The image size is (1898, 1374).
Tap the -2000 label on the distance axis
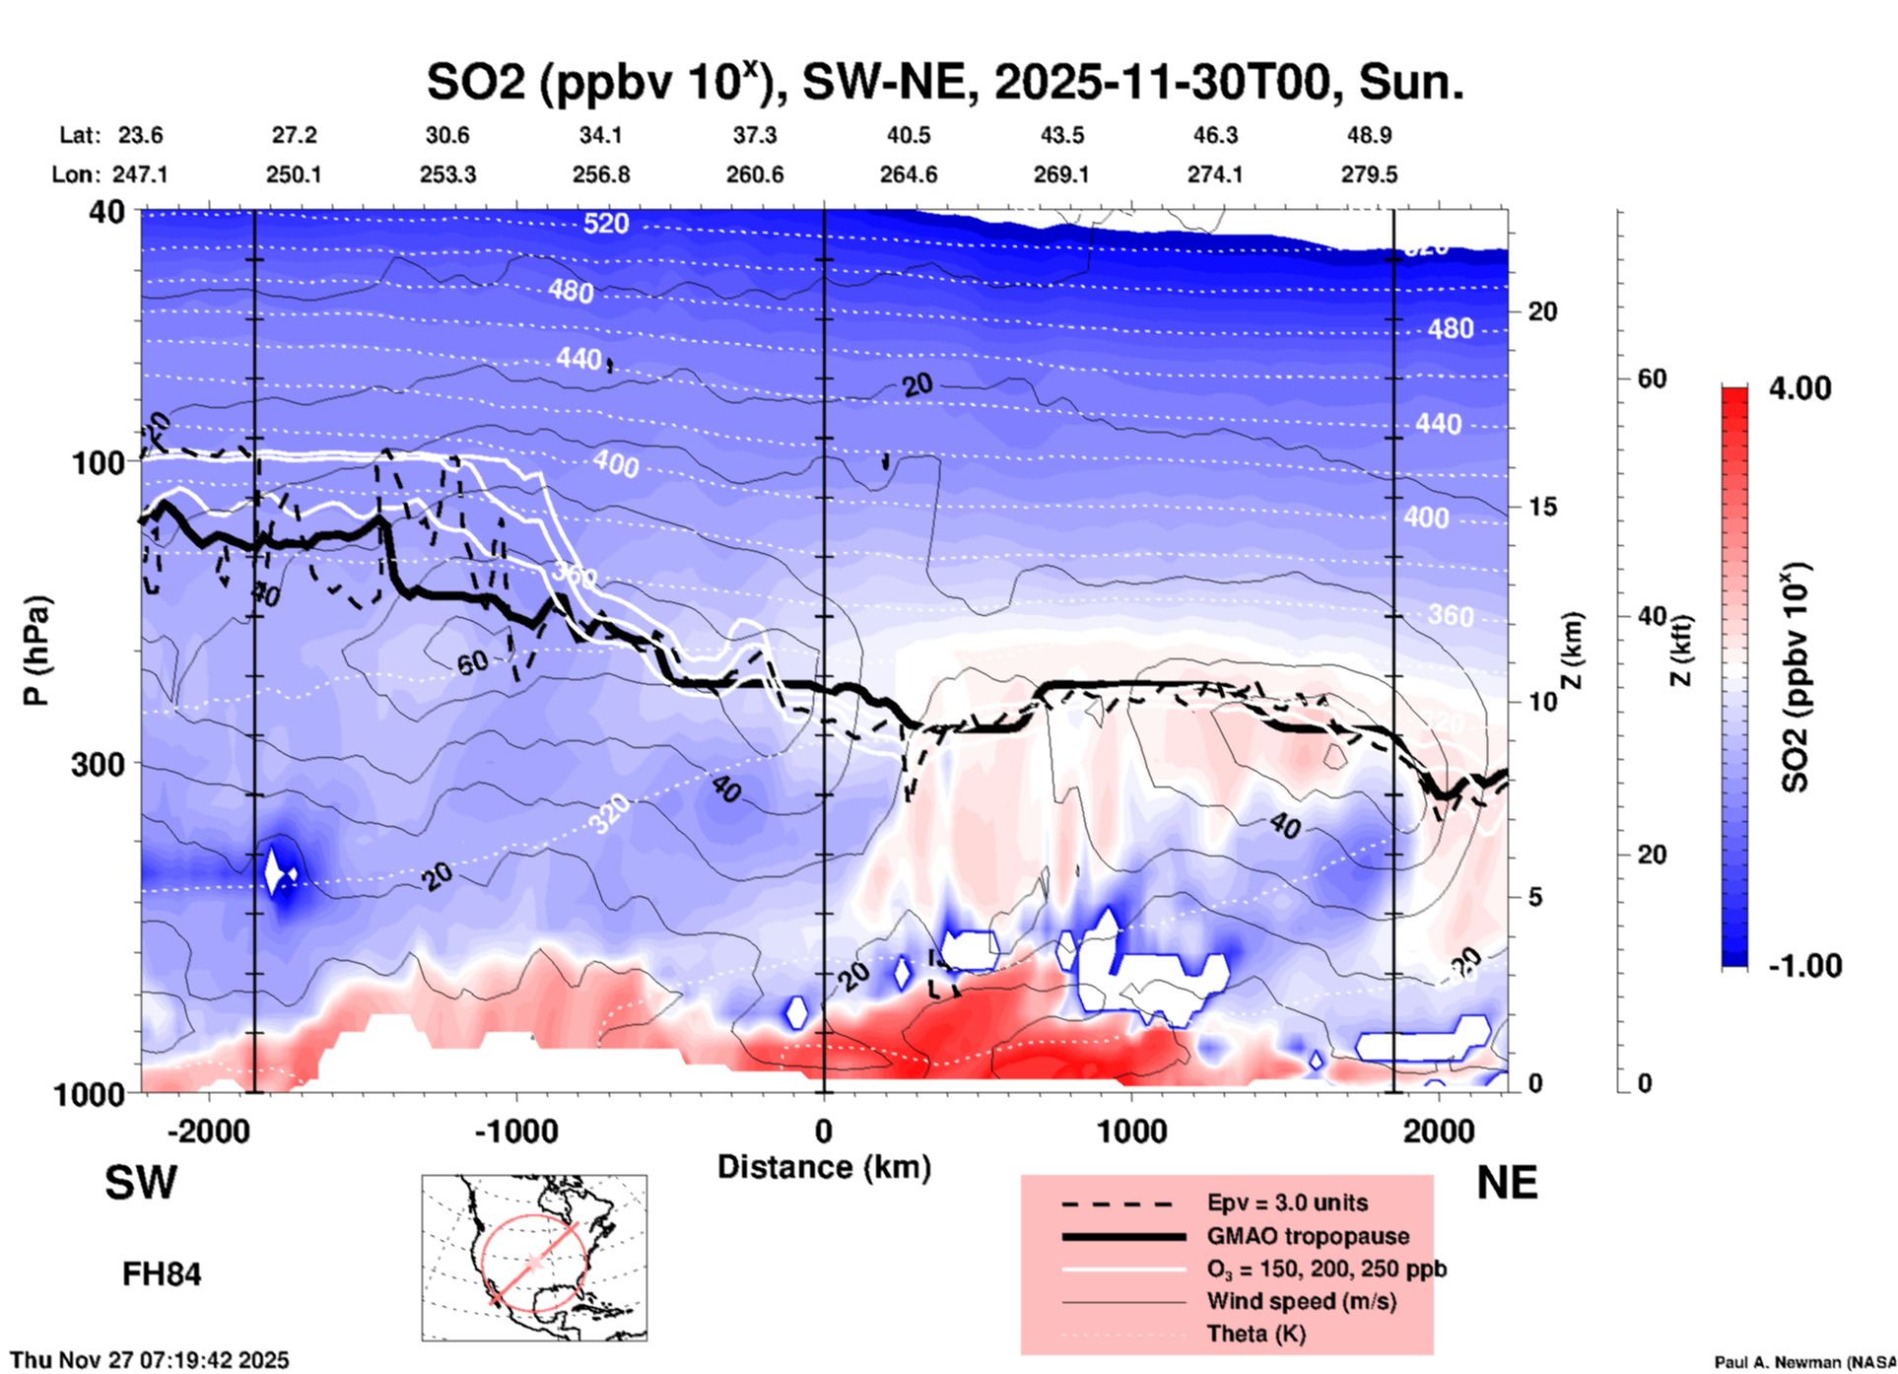coord(208,1131)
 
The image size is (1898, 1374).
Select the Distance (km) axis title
coord(824,1167)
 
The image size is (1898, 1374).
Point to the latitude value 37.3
coord(754,135)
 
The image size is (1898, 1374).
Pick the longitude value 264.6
coord(908,174)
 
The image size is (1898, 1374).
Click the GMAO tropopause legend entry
coord(1307,1236)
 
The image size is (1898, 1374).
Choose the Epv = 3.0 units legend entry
coord(1287,1202)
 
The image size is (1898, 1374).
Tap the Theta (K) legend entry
coord(1255,1334)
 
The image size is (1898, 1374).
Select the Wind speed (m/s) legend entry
coord(1301,1301)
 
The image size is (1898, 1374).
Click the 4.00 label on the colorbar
coord(1799,388)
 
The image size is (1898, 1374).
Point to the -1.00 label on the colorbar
coord(1804,966)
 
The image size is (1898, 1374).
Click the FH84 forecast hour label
coord(162,1274)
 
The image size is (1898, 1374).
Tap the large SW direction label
coord(141,1183)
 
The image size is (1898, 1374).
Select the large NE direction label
coord(1507,1183)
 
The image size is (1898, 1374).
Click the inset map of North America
coord(534,1257)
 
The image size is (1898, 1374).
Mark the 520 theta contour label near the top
coord(605,224)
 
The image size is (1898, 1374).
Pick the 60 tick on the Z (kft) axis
coord(1652,378)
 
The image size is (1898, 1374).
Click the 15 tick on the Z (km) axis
coord(1542,507)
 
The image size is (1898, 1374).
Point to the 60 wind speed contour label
coord(473,662)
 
